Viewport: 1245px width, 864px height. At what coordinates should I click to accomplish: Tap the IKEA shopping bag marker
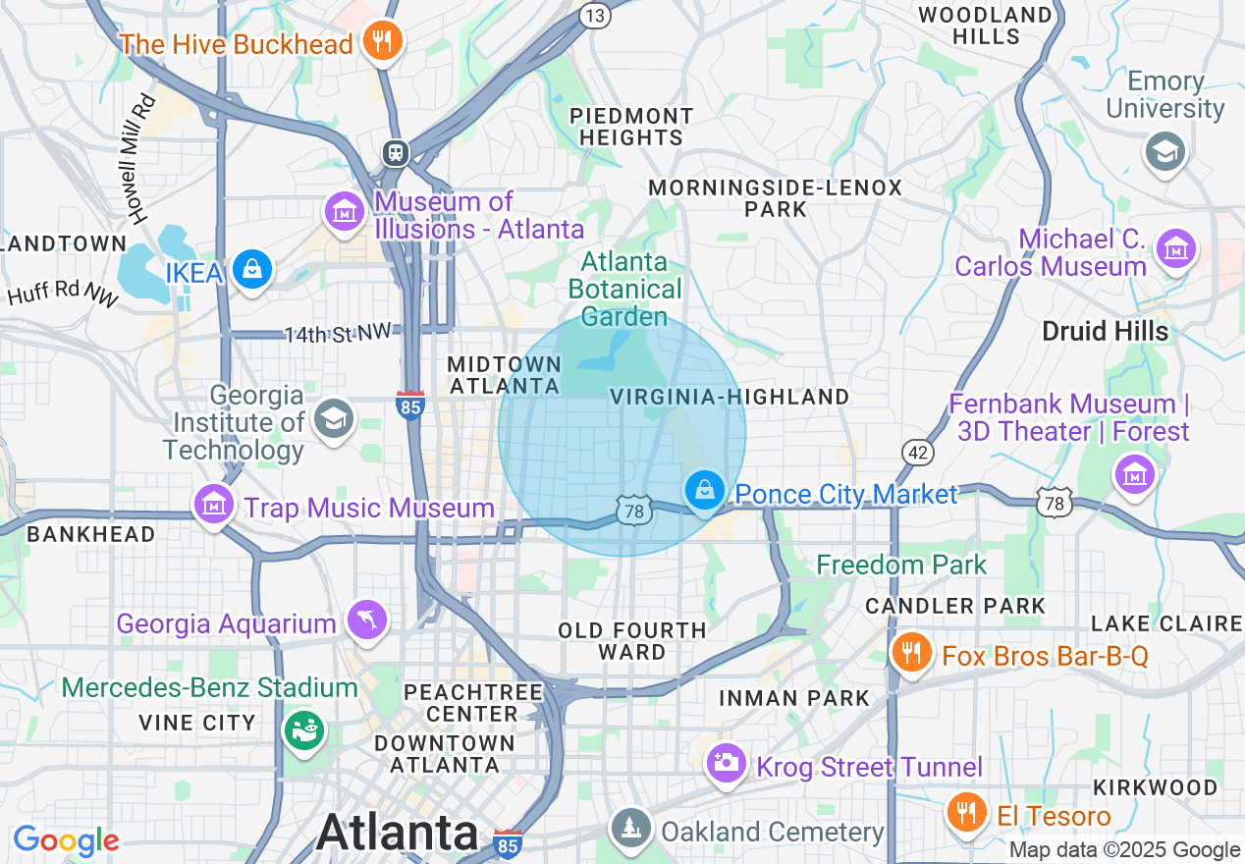tap(252, 268)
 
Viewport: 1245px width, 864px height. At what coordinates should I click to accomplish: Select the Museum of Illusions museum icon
tap(345, 212)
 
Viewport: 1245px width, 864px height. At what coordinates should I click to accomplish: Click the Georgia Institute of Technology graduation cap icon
tap(334, 419)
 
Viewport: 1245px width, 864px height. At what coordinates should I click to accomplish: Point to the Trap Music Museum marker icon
tap(214, 505)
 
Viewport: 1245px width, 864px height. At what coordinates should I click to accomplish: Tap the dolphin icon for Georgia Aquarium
tap(367, 620)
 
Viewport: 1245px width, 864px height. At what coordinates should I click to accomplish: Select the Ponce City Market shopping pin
tap(704, 489)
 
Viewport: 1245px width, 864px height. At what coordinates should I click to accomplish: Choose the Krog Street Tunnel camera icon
tap(728, 763)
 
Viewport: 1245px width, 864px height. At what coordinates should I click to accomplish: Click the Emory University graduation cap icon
tap(1165, 151)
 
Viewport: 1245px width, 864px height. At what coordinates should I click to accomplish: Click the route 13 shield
tap(594, 15)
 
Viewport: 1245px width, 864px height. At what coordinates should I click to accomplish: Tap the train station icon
tap(395, 152)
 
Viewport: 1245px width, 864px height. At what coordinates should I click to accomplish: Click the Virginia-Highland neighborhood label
tap(730, 397)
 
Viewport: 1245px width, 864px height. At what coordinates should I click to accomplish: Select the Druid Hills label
tap(1105, 332)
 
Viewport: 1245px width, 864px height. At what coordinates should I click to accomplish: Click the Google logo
tap(66, 840)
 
